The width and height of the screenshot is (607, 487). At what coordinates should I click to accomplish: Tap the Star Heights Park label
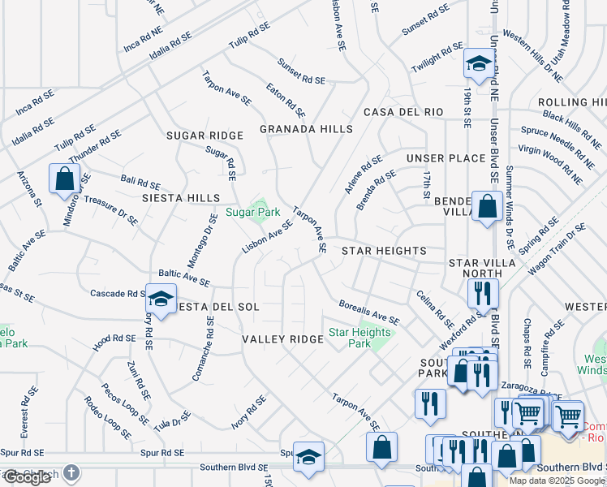tap(359, 338)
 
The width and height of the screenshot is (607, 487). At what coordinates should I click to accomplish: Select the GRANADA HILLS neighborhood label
tap(306, 129)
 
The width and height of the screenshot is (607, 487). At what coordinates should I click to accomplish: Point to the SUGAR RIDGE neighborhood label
tap(204, 136)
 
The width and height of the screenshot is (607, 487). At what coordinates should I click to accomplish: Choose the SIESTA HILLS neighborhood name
tap(181, 198)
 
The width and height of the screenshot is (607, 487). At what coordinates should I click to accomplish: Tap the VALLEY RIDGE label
tap(283, 338)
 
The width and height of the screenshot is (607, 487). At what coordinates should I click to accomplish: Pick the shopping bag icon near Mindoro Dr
tap(64, 178)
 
